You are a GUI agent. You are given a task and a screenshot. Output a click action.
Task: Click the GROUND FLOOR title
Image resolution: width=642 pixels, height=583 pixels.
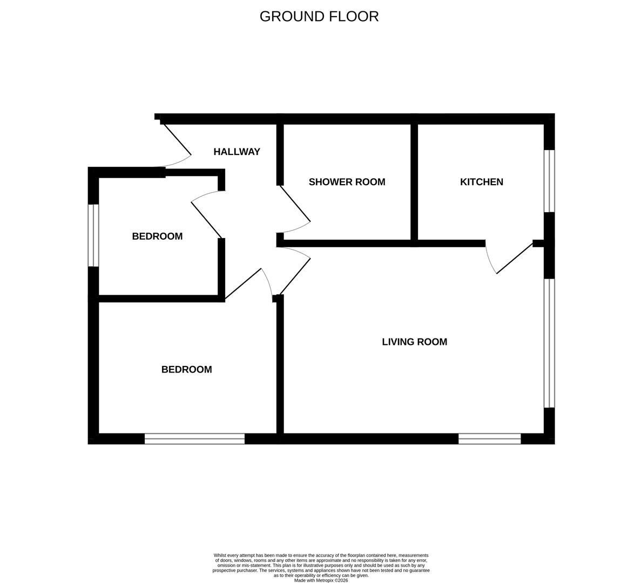[x=319, y=16]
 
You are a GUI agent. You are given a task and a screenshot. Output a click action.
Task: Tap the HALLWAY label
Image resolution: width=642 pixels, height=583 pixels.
[x=236, y=152]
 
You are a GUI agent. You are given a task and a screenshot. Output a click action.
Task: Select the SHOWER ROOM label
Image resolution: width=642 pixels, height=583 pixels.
[x=347, y=182]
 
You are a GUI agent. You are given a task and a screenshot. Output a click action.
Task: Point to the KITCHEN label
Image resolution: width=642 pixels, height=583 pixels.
[x=481, y=182]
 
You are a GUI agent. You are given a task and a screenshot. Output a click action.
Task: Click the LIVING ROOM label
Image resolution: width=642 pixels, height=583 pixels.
[x=414, y=342]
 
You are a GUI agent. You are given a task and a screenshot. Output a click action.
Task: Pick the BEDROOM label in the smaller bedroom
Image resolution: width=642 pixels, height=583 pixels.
[x=157, y=236]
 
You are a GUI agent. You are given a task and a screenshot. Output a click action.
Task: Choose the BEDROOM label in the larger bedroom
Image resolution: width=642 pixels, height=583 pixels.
[x=186, y=370]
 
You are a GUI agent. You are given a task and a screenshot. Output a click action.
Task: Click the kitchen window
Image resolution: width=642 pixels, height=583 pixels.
[x=549, y=181]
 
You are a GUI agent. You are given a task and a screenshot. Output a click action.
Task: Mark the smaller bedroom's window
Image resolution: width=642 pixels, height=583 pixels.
[x=93, y=235]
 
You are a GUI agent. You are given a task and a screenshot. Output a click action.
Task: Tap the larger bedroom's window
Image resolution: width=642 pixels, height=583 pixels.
[x=194, y=439]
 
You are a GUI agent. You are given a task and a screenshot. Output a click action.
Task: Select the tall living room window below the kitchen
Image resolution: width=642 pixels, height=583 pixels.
[x=549, y=343]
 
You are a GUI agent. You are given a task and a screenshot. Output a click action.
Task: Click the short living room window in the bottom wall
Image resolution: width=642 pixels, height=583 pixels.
[x=489, y=439]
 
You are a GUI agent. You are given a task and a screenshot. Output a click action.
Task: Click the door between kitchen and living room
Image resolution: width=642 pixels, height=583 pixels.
[x=513, y=259]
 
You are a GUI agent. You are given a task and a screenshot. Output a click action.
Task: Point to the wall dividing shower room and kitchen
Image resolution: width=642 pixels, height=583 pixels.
[x=414, y=182]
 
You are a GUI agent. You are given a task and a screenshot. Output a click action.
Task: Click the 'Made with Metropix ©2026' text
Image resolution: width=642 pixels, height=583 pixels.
[x=321, y=580]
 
